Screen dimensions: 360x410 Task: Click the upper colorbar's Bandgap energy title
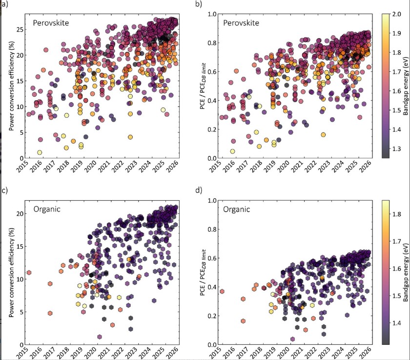click(x=405, y=86)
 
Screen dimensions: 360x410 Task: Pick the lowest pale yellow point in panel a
click(x=40, y=152)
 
